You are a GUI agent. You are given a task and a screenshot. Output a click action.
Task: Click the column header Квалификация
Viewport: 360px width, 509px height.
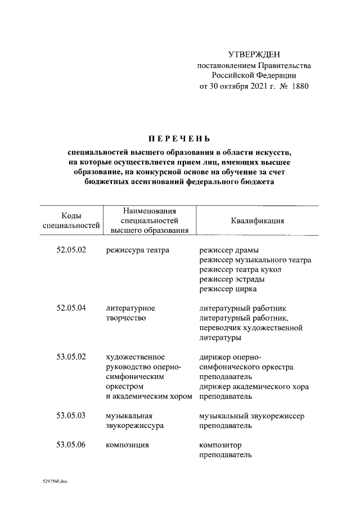(257, 220)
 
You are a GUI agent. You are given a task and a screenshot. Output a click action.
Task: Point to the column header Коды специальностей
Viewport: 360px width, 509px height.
(71, 220)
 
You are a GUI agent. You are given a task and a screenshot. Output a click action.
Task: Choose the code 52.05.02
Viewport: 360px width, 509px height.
(71, 250)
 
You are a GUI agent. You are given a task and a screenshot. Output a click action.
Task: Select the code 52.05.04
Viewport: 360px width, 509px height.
(71, 308)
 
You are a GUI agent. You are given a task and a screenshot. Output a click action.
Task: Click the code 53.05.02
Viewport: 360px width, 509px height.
(71, 357)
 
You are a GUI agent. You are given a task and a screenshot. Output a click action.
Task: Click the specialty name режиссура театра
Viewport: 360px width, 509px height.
(137, 250)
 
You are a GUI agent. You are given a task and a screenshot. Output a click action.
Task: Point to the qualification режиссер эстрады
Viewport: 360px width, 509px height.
(232, 280)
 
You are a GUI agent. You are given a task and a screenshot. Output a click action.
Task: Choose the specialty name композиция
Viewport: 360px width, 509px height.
(127, 445)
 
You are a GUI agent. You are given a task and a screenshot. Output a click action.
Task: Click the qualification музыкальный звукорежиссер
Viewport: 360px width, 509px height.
(251, 416)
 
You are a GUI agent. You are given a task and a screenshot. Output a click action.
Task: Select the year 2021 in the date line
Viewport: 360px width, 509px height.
(260, 87)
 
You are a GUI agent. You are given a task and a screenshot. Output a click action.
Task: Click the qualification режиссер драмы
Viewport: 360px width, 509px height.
(229, 250)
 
